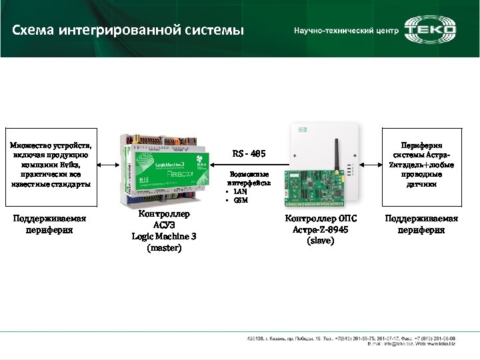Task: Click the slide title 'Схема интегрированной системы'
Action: (129, 31)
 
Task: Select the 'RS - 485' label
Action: (249, 154)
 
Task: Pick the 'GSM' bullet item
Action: (240, 200)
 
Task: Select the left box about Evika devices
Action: (51, 165)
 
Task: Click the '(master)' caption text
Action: (163, 248)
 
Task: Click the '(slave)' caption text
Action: (321, 240)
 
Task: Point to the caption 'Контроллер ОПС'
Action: (321, 219)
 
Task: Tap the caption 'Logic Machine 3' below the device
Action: (164, 236)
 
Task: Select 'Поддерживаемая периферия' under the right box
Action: (421, 224)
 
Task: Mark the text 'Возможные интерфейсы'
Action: (248, 178)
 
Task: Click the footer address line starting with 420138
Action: (349, 338)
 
